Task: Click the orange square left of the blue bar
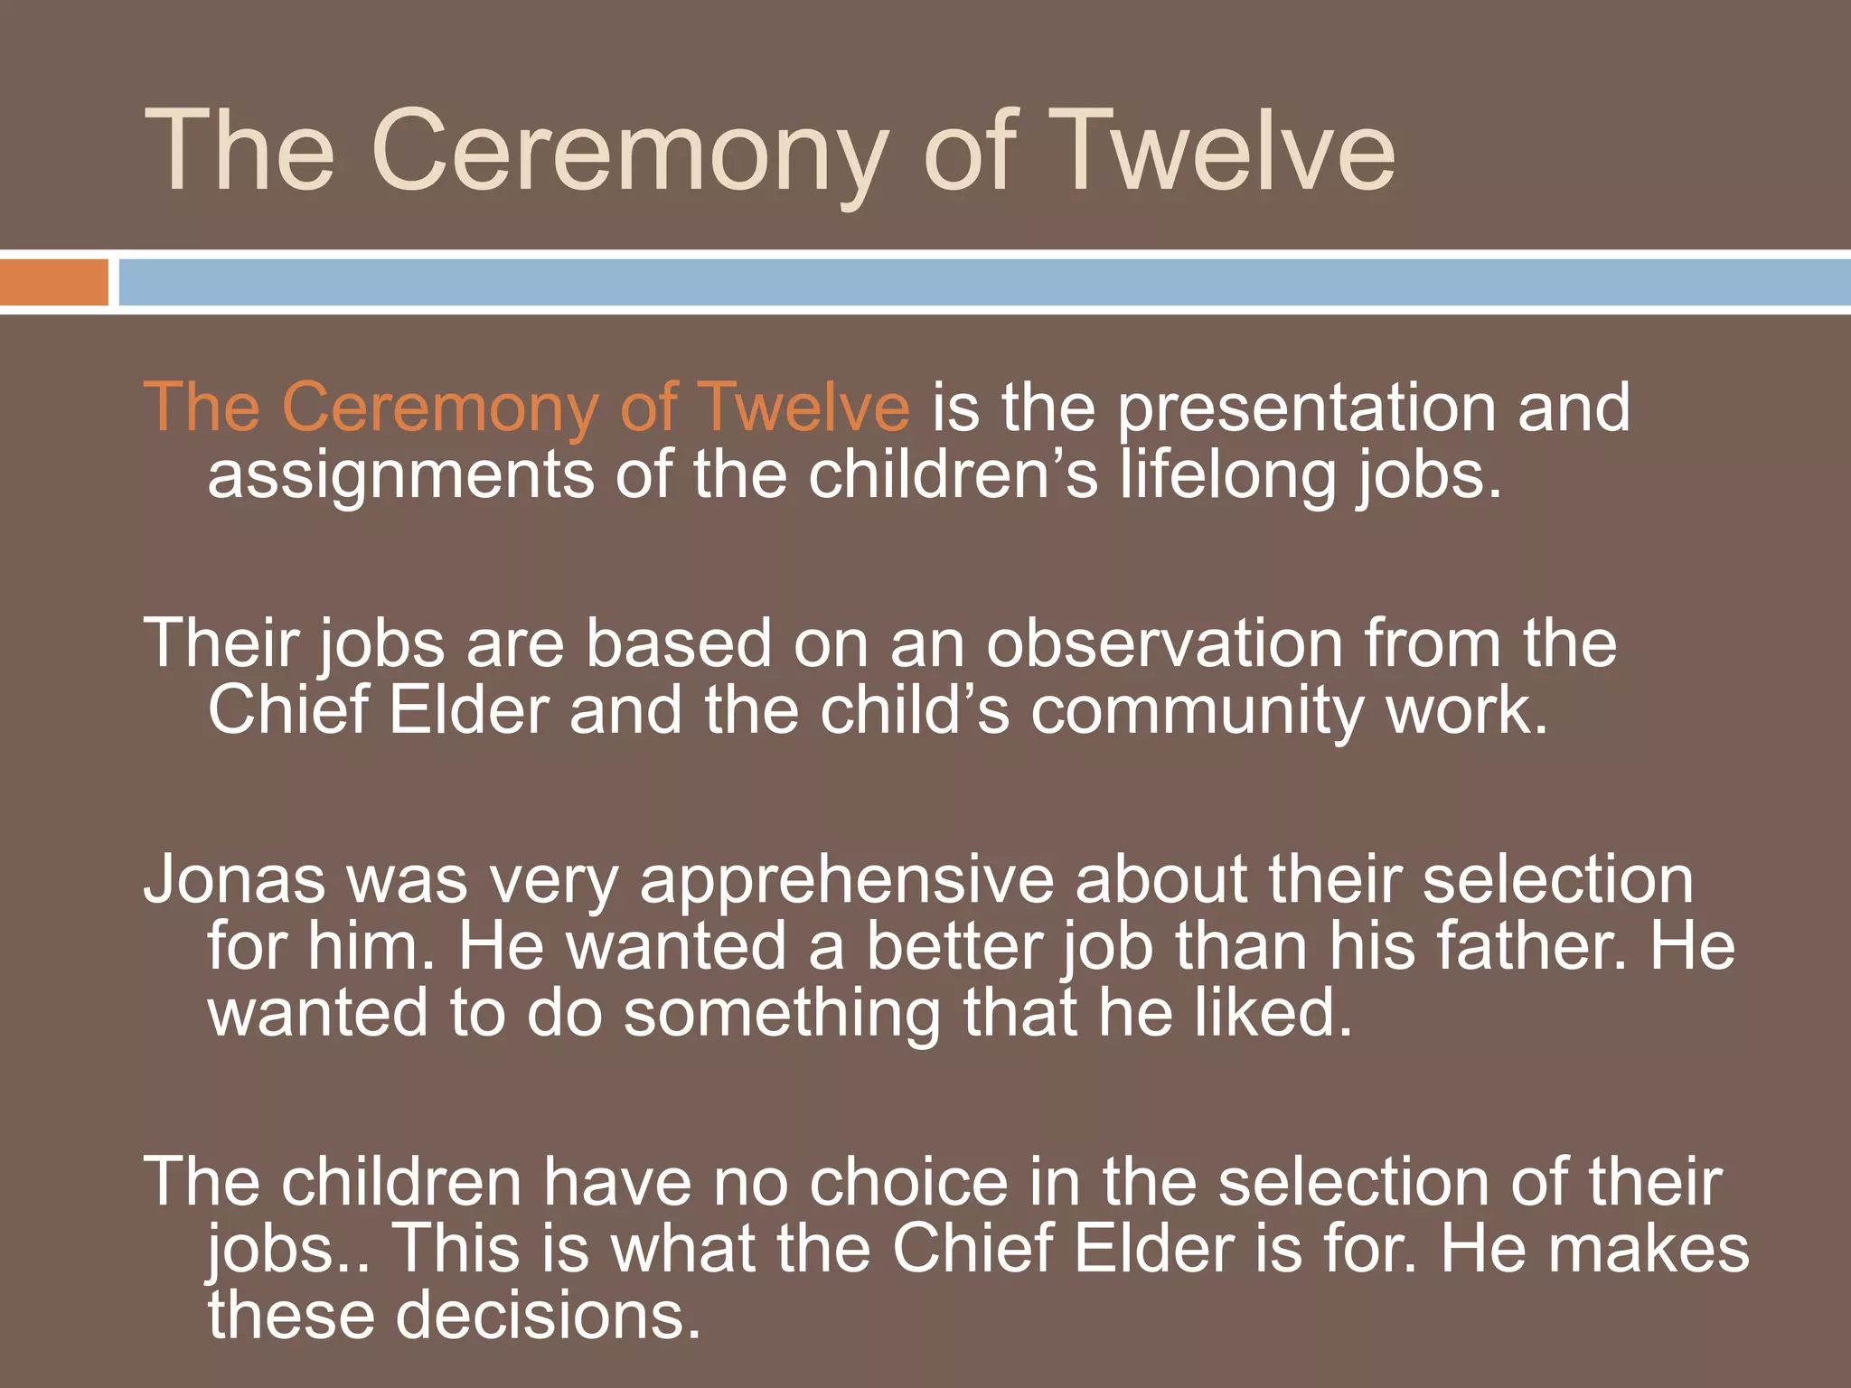53,282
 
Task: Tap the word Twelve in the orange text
804,408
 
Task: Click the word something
783,1014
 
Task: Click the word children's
954,475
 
